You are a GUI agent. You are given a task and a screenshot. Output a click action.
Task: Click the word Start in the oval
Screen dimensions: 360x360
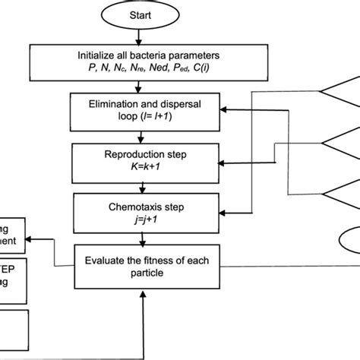137,16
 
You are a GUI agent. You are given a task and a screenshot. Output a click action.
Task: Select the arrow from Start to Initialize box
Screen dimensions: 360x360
137,36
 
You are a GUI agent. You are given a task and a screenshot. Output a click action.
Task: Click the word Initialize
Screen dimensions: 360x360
99,55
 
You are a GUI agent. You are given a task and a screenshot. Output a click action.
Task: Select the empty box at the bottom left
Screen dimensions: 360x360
14,322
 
